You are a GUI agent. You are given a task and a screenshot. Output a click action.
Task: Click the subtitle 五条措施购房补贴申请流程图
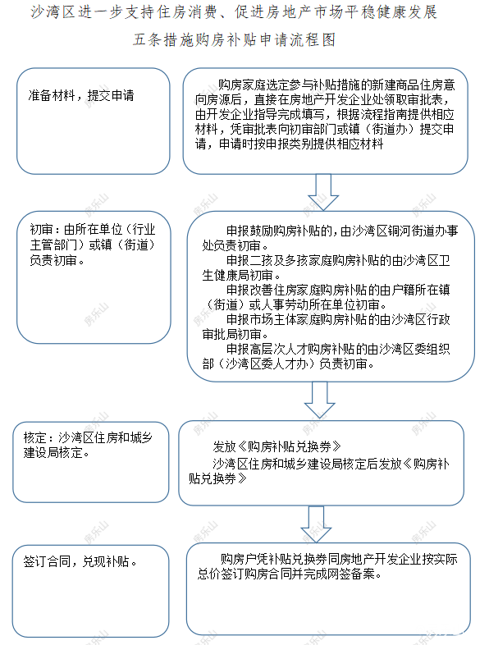click(x=235, y=41)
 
